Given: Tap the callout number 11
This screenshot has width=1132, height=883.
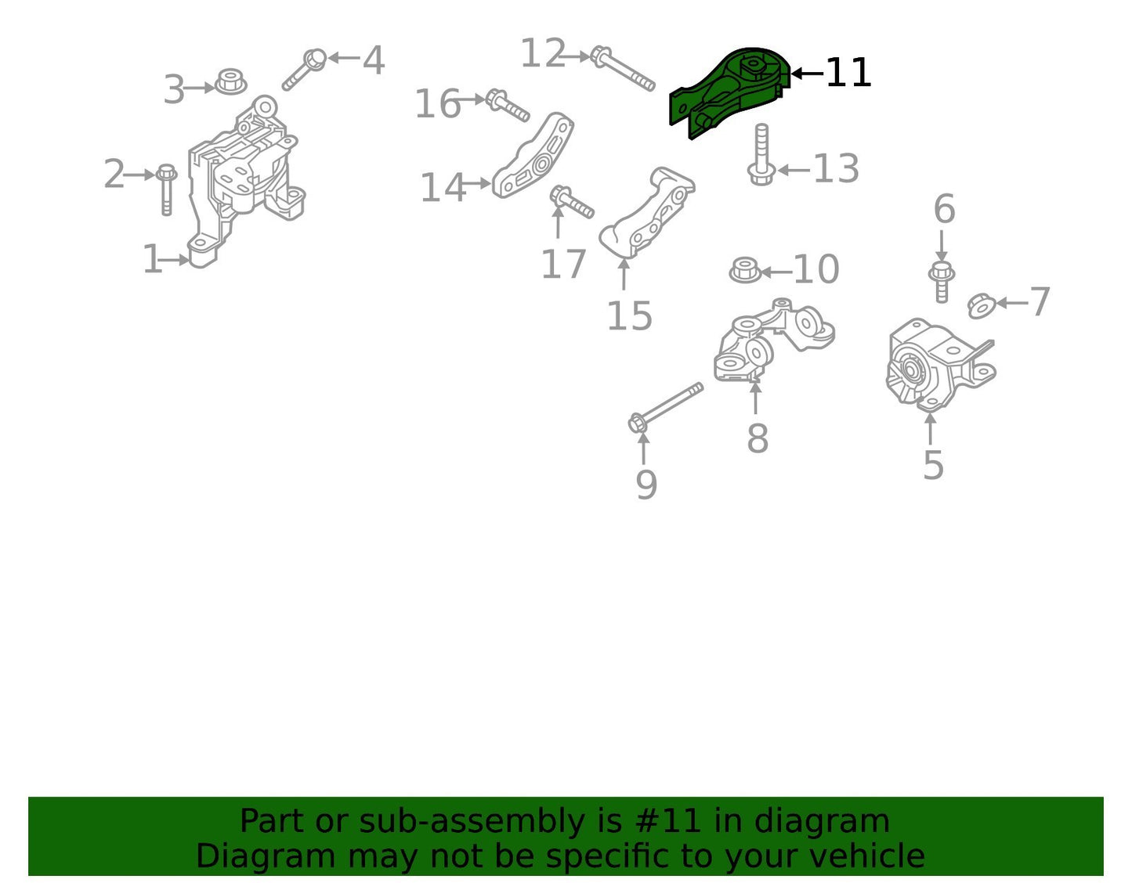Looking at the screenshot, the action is [848, 73].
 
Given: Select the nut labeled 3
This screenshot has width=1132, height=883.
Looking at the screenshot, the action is [231, 81].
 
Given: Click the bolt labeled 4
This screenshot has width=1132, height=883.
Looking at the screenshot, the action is [304, 70].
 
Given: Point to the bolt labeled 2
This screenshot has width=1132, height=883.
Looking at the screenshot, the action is [166, 189].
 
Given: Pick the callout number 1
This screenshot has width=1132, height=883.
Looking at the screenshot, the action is [152, 258].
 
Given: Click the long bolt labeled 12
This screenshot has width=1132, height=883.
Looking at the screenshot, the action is [623, 68].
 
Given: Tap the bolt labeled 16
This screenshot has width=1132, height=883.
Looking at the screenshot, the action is [508, 106].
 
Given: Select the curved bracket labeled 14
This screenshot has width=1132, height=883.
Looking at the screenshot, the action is [533, 156].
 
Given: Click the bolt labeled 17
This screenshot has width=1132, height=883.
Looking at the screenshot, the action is [571, 202].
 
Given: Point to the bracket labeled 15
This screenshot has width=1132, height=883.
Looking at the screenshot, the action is [646, 213].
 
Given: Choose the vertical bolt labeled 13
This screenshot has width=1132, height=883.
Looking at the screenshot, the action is [761, 154].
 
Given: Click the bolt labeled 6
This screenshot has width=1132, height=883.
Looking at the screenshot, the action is [941, 282].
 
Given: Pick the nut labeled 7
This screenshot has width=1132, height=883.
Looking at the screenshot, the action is [981, 306].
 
